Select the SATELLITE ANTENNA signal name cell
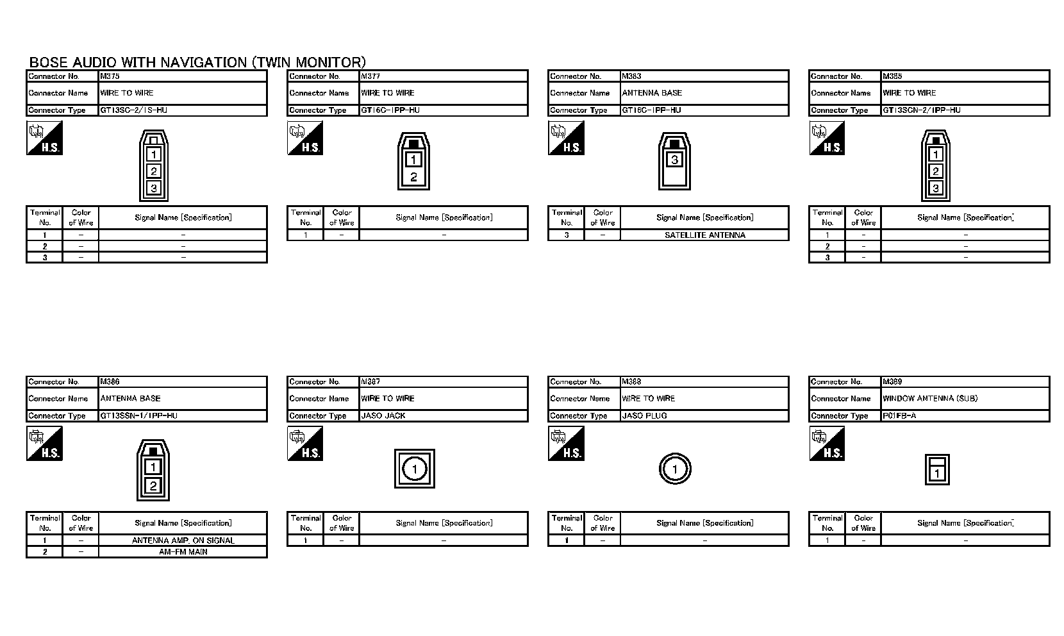[704, 235]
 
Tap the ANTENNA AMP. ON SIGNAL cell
[183, 540]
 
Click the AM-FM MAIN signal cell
[183, 551]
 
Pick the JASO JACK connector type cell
[383, 415]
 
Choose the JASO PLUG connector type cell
[644, 415]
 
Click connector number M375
[110, 76]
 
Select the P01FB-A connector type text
[899, 415]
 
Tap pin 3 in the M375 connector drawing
[154, 188]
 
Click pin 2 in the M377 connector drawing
[414, 178]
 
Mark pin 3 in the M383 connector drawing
[674, 160]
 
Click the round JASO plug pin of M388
[675, 469]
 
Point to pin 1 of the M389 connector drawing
[937, 474]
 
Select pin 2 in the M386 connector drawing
[153, 485]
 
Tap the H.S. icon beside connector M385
[827, 138]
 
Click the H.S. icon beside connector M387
[305, 444]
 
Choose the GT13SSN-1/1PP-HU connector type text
[138, 415]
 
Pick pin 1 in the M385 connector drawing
[936, 155]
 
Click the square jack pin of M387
[415, 469]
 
